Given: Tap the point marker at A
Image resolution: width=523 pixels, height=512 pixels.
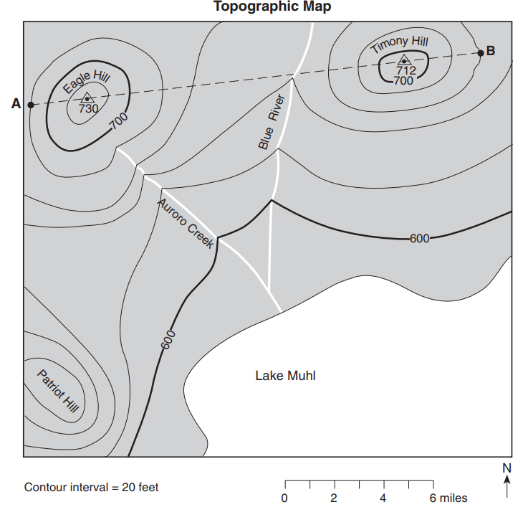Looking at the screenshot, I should (x=31, y=105).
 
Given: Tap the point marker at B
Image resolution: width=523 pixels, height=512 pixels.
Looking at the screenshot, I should (x=481, y=52).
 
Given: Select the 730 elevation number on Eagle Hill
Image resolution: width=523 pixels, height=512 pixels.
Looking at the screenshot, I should (x=88, y=108).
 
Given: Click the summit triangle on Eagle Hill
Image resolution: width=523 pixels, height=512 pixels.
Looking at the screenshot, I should (x=87, y=98).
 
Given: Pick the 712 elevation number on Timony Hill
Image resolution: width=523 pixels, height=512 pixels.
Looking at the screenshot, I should (x=406, y=70).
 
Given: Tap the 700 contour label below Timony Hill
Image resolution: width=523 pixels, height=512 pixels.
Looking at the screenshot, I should (x=403, y=81).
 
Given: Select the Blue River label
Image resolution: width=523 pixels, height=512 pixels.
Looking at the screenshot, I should (x=272, y=121).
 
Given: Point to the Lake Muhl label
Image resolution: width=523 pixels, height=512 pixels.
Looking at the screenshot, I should (x=285, y=376).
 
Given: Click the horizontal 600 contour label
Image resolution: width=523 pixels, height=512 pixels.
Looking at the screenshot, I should (x=419, y=239).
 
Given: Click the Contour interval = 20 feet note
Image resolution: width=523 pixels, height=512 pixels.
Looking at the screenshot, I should (x=91, y=488).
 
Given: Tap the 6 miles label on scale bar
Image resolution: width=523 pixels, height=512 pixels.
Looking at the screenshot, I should (x=449, y=498).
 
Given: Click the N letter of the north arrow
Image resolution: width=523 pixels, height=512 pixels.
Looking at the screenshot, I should (x=507, y=468).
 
